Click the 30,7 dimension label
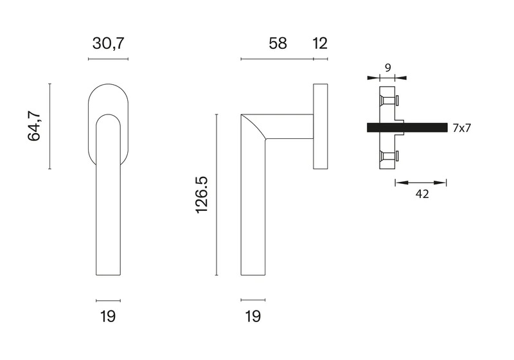(x=109, y=44)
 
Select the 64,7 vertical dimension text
(x=34, y=126)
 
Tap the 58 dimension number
(x=278, y=44)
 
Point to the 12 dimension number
(x=320, y=44)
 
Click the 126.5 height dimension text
(x=202, y=195)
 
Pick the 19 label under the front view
(x=108, y=317)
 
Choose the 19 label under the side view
(x=253, y=317)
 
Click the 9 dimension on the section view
(x=388, y=68)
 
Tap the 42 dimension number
(x=422, y=194)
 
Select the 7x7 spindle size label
(x=461, y=128)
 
